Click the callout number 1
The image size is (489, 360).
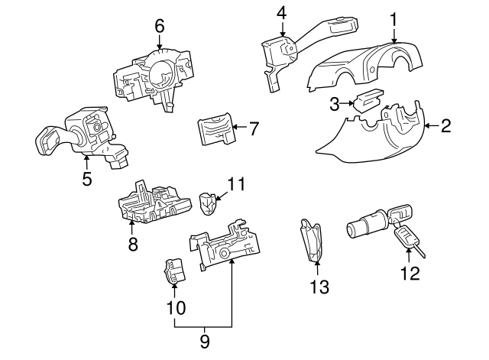tap(393, 16)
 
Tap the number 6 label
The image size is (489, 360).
tap(159, 25)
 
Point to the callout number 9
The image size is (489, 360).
tap(204, 342)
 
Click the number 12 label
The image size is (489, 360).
tap(410, 273)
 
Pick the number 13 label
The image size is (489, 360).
tap(319, 287)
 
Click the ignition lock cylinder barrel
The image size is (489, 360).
tap(366, 229)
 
